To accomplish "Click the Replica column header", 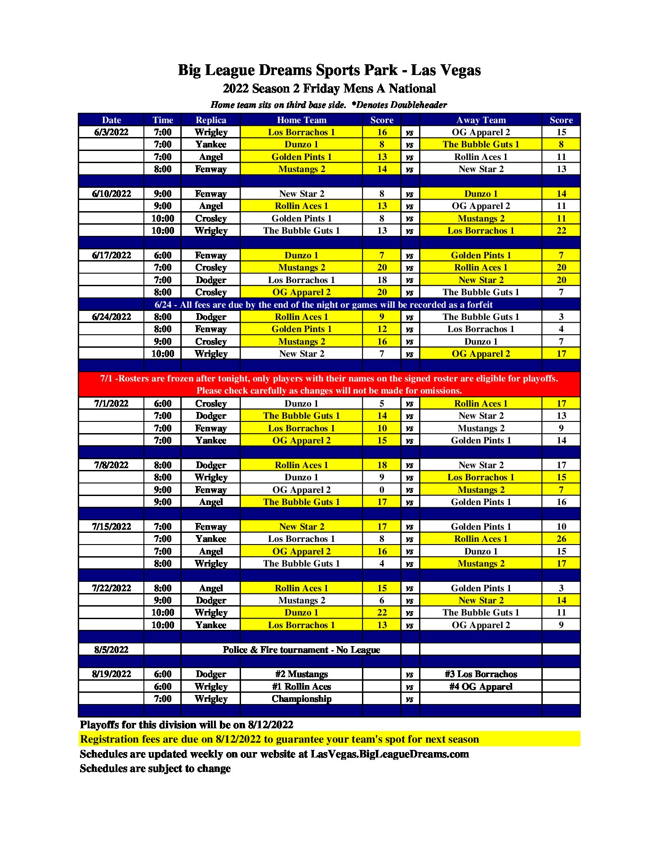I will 211,120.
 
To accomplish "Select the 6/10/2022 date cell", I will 111,194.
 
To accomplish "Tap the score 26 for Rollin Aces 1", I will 561,539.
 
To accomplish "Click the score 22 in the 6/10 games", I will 561,230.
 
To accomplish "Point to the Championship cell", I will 301,699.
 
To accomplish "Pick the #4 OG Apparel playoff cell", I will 481,687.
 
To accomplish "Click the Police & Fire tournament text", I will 301,650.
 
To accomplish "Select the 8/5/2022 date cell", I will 111,650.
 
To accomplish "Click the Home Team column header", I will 301,120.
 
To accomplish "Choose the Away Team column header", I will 481,120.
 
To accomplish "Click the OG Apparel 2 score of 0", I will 382,490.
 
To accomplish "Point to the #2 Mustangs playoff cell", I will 301,674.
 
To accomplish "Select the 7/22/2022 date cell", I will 111,588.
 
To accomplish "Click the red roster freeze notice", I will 329,385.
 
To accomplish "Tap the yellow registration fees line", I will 279,739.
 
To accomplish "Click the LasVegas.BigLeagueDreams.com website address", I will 389,754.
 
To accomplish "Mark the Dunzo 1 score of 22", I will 382,612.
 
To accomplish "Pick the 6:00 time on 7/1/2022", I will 163,403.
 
